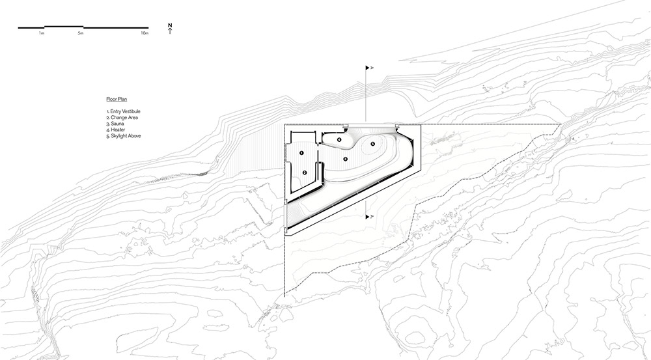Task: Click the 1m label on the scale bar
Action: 42,33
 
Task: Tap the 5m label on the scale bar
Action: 81,33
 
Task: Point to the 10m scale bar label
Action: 145,33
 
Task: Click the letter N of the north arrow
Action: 170,25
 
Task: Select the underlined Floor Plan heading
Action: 117,99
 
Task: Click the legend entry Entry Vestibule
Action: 123,111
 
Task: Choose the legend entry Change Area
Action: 122,118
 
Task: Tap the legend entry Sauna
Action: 115,124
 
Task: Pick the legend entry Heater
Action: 115,130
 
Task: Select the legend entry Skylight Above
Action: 124,136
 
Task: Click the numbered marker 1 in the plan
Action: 301,153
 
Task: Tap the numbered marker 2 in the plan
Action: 305,173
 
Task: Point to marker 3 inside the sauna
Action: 346,159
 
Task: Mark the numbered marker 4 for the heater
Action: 339,140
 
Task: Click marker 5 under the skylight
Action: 373,144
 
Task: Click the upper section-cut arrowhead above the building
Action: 367,68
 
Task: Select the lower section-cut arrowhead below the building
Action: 367,217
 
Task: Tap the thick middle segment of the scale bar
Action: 64,27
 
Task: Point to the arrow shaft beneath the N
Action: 170,31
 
